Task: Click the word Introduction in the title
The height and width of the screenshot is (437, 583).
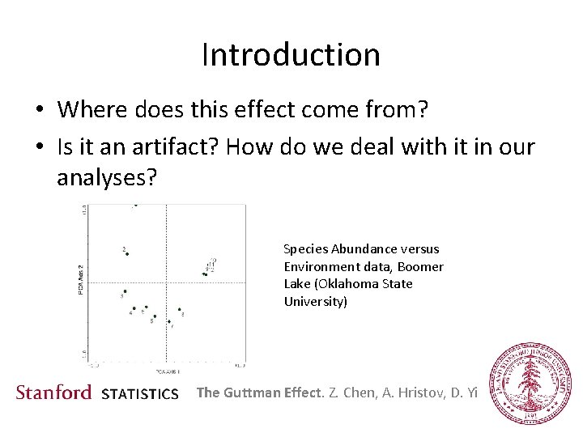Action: coord(291,55)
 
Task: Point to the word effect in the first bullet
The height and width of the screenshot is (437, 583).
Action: coord(248,108)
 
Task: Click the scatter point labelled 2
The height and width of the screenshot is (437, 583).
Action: coord(126,253)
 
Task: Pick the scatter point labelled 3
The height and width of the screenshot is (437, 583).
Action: coord(125,291)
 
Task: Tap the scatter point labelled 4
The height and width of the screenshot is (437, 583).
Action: coord(134,308)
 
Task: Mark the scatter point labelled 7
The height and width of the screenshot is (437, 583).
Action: coord(169,321)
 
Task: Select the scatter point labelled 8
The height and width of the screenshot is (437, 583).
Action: coord(179,309)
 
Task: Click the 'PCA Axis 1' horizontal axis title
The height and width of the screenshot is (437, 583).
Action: coord(168,371)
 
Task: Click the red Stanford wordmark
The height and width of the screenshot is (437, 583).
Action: coord(54,392)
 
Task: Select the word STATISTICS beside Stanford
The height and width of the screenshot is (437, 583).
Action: coord(140,394)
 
